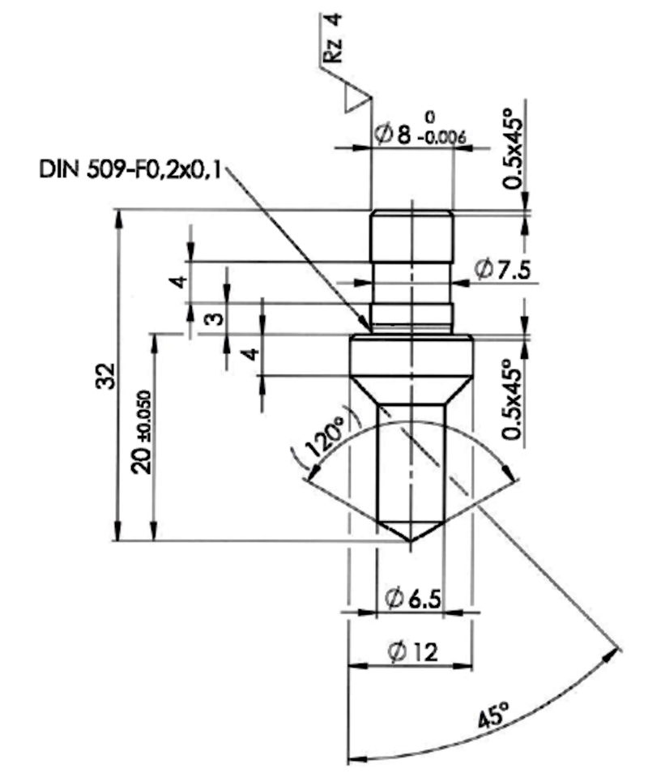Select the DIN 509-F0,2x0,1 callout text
coord(130,170)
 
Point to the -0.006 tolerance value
coord(442,137)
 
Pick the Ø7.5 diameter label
coord(502,270)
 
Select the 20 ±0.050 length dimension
coord(143,432)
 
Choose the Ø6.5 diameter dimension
coord(412,599)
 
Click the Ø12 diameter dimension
coord(412,652)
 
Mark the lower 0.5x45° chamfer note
coord(512,399)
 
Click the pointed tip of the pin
coord(410,541)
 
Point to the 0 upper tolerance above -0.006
coord(430,117)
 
